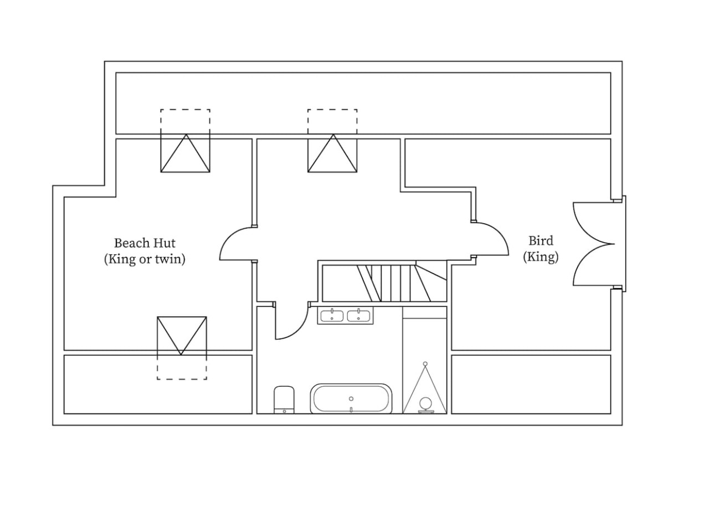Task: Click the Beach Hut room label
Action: click(x=145, y=243)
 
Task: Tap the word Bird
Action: click(x=541, y=241)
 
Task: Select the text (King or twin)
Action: click(x=145, y=259)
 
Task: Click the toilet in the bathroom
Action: click(x=284, y=399)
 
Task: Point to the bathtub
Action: click(x=351, y=399)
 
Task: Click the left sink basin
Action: click(x=332, y=316)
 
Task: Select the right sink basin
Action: click(x=358, y=316)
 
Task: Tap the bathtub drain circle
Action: click(x=351, y=399)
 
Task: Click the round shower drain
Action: click(x=425, y=403)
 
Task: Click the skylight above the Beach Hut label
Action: click(x=185, y=141)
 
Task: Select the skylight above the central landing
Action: click(x=332, y=141)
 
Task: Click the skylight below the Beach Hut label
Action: click(x=182, y=348)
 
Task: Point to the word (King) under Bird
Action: click(x=541, y=256)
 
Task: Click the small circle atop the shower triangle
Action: click(x=425, y=364)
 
